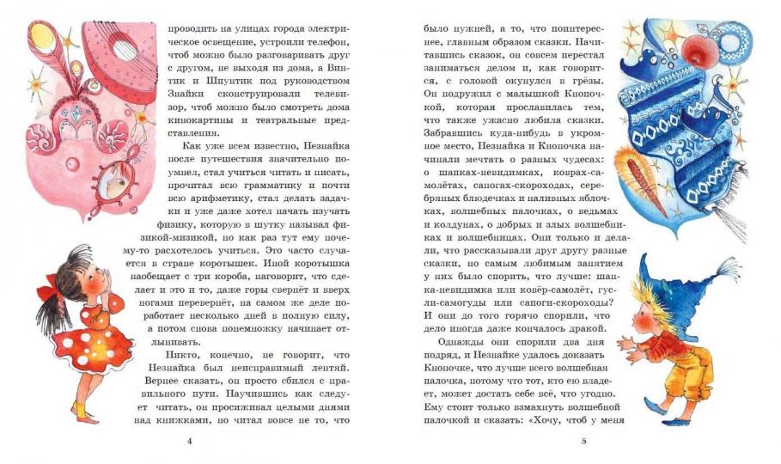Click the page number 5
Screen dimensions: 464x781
583,441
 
